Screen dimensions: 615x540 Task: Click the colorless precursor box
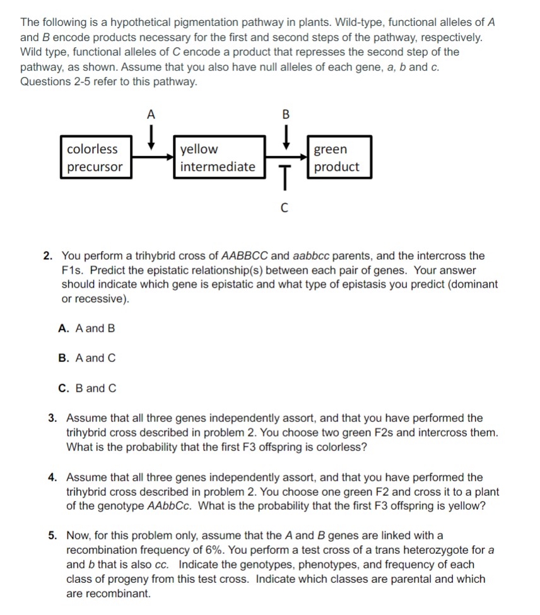(x=97, y=158)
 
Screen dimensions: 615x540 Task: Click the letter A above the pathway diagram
(x=150, y=115)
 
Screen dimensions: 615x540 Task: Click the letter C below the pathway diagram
(x=285, y=209)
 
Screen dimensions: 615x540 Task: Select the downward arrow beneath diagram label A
(x=151, y=136)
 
